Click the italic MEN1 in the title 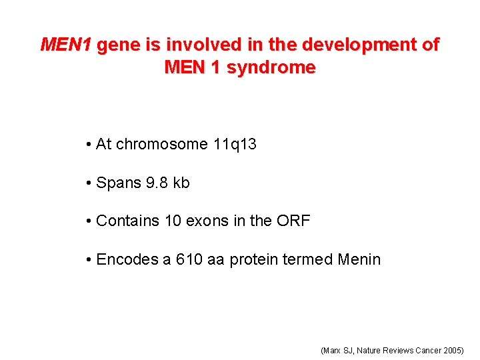coord(67,45)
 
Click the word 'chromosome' coord(162,144)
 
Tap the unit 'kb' coord(181,183)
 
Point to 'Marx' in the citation coord(331,350)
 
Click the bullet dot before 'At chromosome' coord(89,145)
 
